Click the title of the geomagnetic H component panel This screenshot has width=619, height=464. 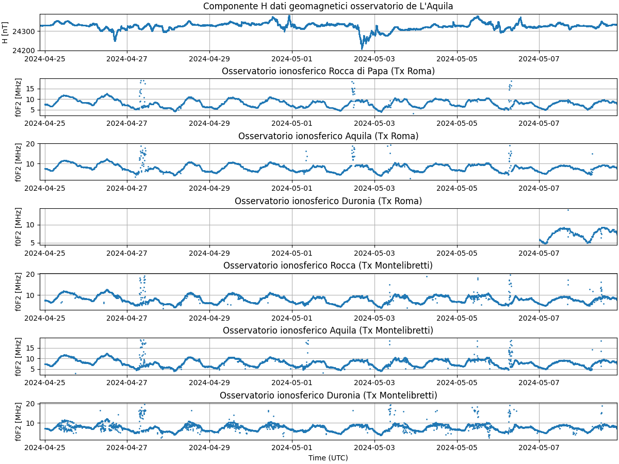click(328, 6)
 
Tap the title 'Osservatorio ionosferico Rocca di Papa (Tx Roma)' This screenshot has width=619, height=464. click(328, 71)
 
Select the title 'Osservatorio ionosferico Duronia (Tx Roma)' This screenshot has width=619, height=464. click(328, 201)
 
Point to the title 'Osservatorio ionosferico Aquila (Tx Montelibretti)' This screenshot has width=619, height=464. click(328, 330)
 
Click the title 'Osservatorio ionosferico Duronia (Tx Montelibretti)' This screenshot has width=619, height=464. click(328, 395)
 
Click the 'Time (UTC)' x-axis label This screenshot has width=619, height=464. click(328, 458)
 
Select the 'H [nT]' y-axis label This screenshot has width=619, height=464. click(5, 32)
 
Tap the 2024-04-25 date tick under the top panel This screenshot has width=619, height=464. click(45, 58)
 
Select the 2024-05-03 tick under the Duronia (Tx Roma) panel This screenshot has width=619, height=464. click(374, 253)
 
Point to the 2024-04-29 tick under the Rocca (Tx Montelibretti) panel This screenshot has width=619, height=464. click(209, 318)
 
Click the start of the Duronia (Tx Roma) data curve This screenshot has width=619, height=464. click(540, 240)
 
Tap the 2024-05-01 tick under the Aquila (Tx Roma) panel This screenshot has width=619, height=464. click(292, 188)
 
